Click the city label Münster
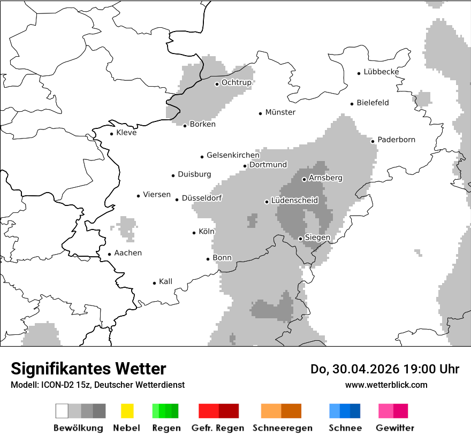tap(280, 112)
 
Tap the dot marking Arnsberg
tap(304, 179)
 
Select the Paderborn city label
tap(396, 140)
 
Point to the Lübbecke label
tap(381, 72)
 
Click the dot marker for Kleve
tap(111, 134)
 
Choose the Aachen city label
tap(128, 253)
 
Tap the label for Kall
tap(165, 281)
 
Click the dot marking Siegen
tap(301, 239)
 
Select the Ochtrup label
tap(236, 82)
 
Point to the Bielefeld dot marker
tap(352, 104)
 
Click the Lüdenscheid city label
tap(294, 201)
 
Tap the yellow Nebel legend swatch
tap(127, 411)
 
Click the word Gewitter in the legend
tap(394, 428)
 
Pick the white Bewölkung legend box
tap(62, 411)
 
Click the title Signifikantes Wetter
tap(88, 369)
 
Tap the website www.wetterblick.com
tap(386, 385)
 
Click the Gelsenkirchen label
tap(233, 155)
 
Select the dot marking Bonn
tap(208, 259)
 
